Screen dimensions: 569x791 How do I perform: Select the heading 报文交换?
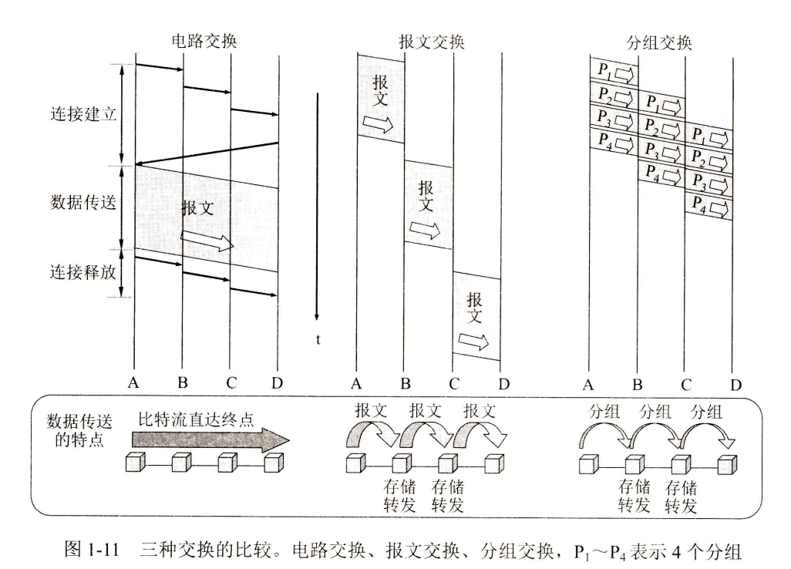coord(432,42)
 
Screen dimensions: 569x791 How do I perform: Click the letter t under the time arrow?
coord(318,338)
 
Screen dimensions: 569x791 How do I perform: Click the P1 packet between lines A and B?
coord(614,72)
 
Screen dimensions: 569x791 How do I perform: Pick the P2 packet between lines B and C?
coord(661,125)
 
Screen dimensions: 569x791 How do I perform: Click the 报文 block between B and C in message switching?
coord(429,204)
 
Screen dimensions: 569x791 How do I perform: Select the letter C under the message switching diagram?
coord(453,382)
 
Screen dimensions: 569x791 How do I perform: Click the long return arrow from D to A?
coord(207,153)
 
